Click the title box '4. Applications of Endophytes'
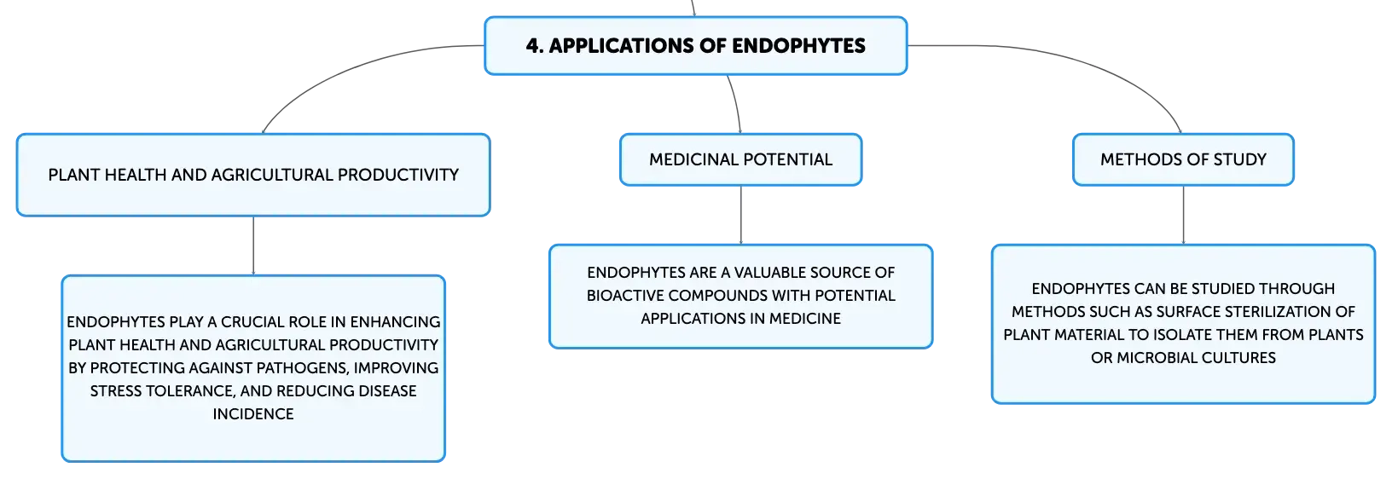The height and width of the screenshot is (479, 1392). (x=695, y=46)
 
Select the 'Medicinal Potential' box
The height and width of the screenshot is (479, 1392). (x=740, y=159)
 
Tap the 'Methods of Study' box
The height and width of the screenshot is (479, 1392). (x=1183, y=159)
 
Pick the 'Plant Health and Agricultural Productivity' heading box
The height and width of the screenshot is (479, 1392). (x=253, y=176)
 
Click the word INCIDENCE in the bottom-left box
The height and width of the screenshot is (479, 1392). (x=253, y=413)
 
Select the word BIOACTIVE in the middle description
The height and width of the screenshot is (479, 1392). (x=624, y=296)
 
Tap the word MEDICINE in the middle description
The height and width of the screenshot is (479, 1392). (x=805, y=319)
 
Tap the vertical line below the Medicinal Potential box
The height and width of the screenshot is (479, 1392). (x=740, y=215)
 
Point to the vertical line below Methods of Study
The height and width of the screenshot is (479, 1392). (x=1183, y=215)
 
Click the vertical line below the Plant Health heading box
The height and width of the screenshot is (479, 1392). (x=253, y=246)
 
